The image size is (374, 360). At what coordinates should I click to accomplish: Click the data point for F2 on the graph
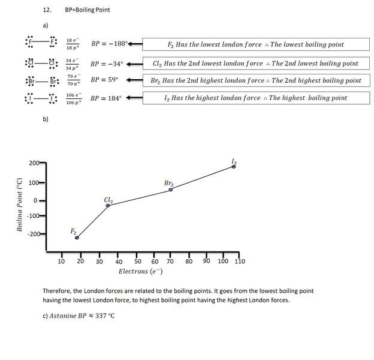[77, 238]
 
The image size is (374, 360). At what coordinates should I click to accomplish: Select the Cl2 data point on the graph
[108, 206]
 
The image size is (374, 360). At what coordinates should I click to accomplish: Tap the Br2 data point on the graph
[171, 190]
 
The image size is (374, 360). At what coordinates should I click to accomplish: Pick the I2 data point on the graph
[234, 167]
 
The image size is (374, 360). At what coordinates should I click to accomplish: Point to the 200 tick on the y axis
[34, 163]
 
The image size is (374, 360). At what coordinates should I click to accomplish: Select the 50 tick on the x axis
[137, 262]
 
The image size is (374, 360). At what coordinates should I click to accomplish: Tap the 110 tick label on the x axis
[240, 262]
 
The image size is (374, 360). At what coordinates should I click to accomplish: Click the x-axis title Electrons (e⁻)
[141, 272]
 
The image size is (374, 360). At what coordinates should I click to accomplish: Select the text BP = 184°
[106, 98]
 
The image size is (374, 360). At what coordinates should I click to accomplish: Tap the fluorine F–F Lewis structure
[41, 44]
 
